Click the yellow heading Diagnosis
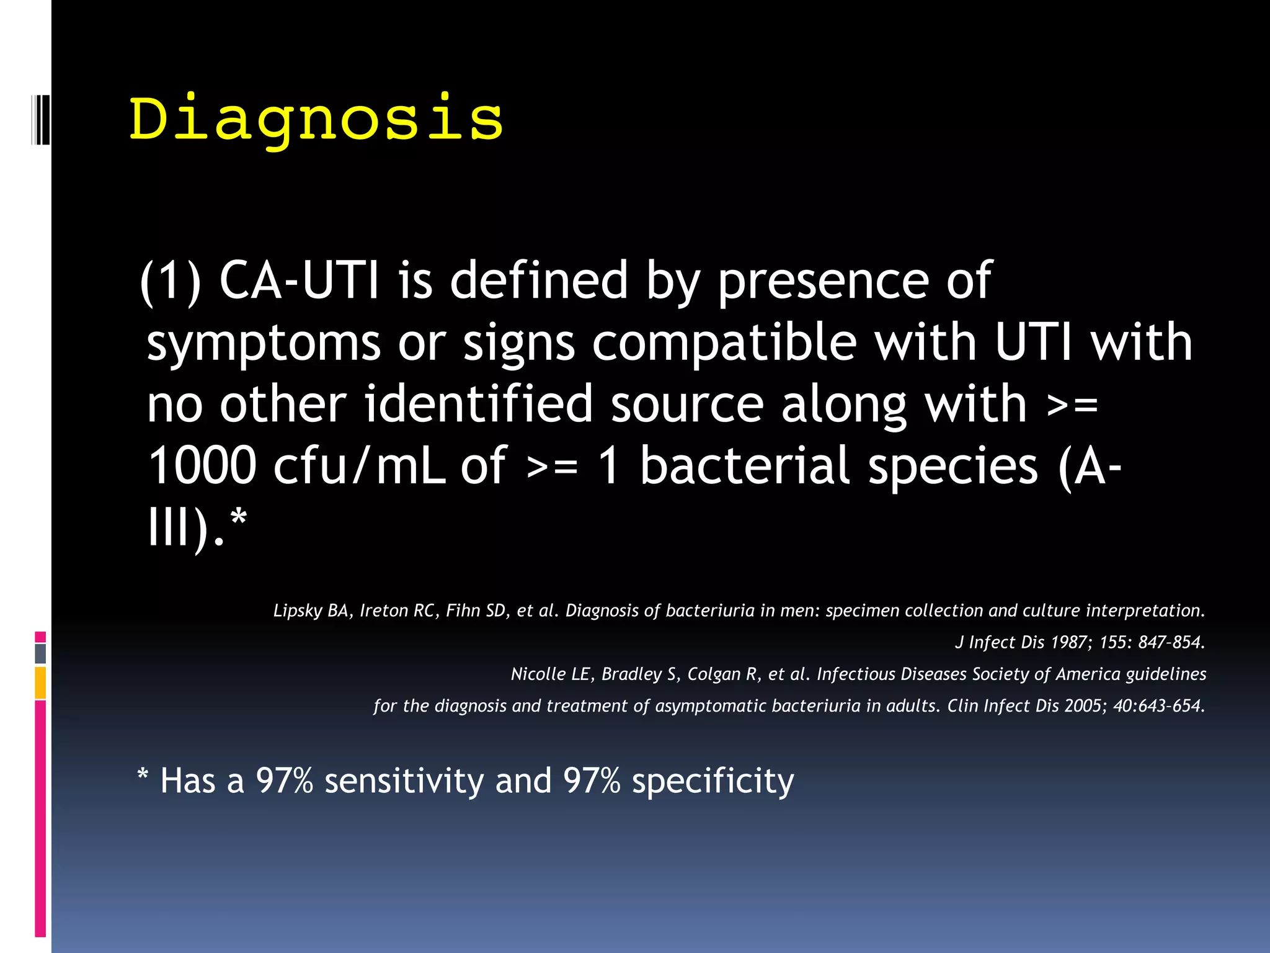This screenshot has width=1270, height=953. point(316,119)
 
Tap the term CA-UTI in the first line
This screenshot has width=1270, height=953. point(298,280)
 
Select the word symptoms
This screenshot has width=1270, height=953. point(264,343)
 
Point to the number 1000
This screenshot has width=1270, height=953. point(202,465)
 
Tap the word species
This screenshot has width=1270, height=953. point(952,467)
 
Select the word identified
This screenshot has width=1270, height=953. point(478,404)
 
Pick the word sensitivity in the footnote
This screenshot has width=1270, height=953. point(404,781)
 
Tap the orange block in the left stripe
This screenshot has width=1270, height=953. point(40,683)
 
